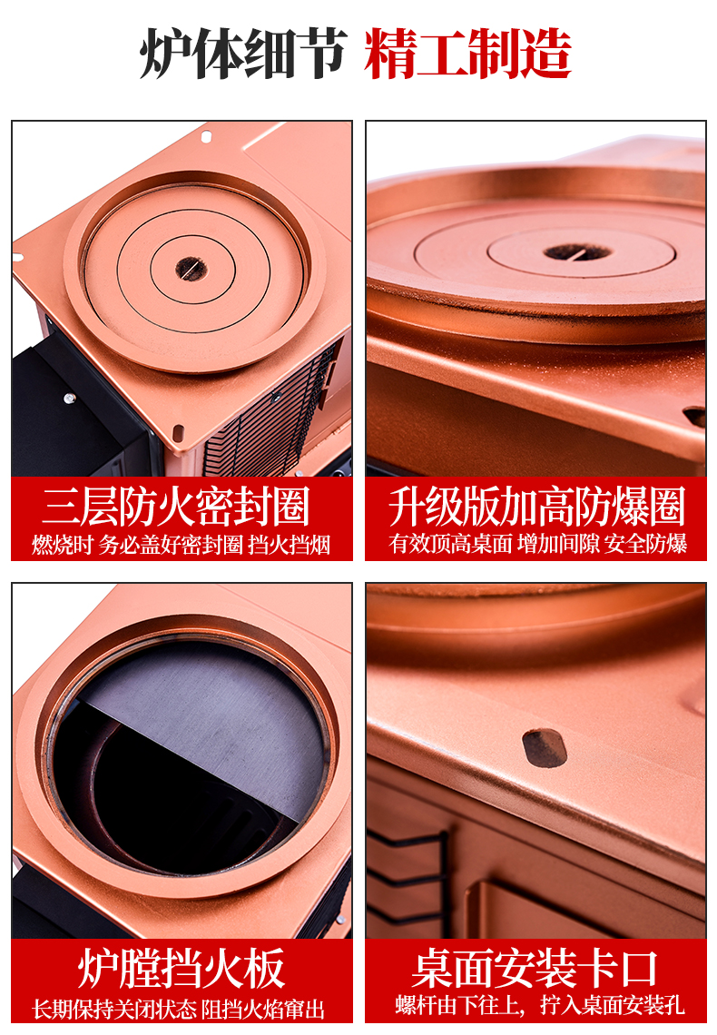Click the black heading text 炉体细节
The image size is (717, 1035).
click(243, 54)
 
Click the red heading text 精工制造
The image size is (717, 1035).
click(467, 54)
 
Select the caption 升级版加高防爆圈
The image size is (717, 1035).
click(536, 507)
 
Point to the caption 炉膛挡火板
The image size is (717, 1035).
click(181, 969)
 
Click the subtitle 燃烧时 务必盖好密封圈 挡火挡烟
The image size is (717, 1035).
click(181, 545)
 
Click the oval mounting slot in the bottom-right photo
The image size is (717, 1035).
click(545, 747)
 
